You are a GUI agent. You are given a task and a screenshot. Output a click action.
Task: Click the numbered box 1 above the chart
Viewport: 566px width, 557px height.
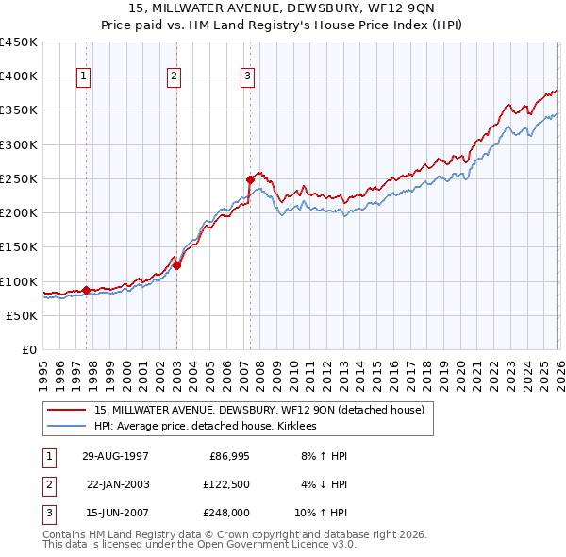pos(83,77)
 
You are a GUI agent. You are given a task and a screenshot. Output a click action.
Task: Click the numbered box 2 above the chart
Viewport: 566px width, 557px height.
pos(175,77)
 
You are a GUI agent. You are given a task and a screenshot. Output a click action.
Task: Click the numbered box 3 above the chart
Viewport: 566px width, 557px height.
pos(247,77)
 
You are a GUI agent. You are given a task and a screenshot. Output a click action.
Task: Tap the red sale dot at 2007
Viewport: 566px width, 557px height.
pos(250,179)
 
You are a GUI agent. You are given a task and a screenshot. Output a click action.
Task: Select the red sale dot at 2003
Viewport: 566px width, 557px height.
pos(177,265)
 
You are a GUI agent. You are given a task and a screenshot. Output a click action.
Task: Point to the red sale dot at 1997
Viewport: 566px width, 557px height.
pos(86,290)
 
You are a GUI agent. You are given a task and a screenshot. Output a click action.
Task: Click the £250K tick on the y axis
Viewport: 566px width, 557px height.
pos(19,178)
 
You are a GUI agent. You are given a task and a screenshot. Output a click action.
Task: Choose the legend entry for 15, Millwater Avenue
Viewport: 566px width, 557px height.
pos(259,410)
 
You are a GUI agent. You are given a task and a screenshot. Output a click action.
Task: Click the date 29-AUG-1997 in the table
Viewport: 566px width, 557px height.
pos(115,456)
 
